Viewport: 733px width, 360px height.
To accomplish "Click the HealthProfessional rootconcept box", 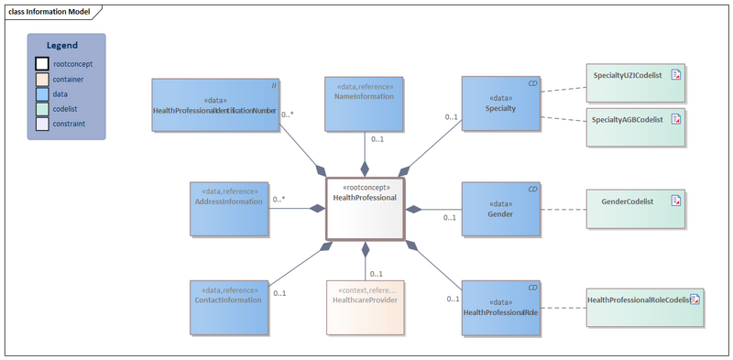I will (365, 209).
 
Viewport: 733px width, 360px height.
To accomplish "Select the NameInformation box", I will (364, 102).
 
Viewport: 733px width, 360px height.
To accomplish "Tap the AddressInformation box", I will (229, 208).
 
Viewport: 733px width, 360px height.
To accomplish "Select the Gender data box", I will (500, 208).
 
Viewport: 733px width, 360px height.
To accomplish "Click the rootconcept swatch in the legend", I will (42, 64).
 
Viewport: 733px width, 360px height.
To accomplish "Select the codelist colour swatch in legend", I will (42, 109).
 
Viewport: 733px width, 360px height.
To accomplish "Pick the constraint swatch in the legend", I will (42, 124).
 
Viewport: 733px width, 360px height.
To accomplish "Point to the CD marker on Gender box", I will (531, 189).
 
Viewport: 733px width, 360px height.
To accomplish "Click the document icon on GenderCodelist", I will (675, 201).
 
